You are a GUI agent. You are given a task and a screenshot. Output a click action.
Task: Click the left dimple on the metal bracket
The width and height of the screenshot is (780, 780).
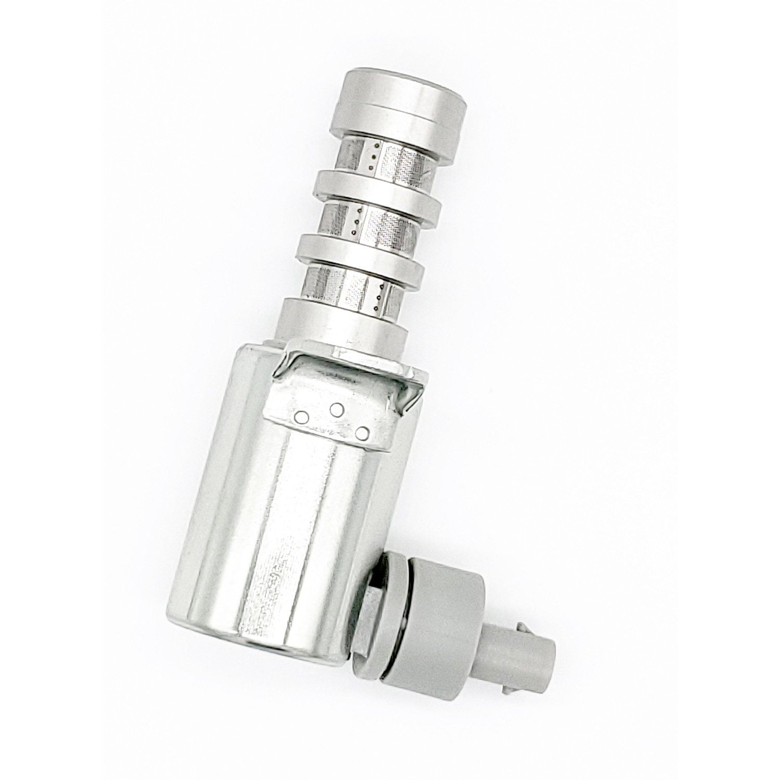click(x=301, y=416)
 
